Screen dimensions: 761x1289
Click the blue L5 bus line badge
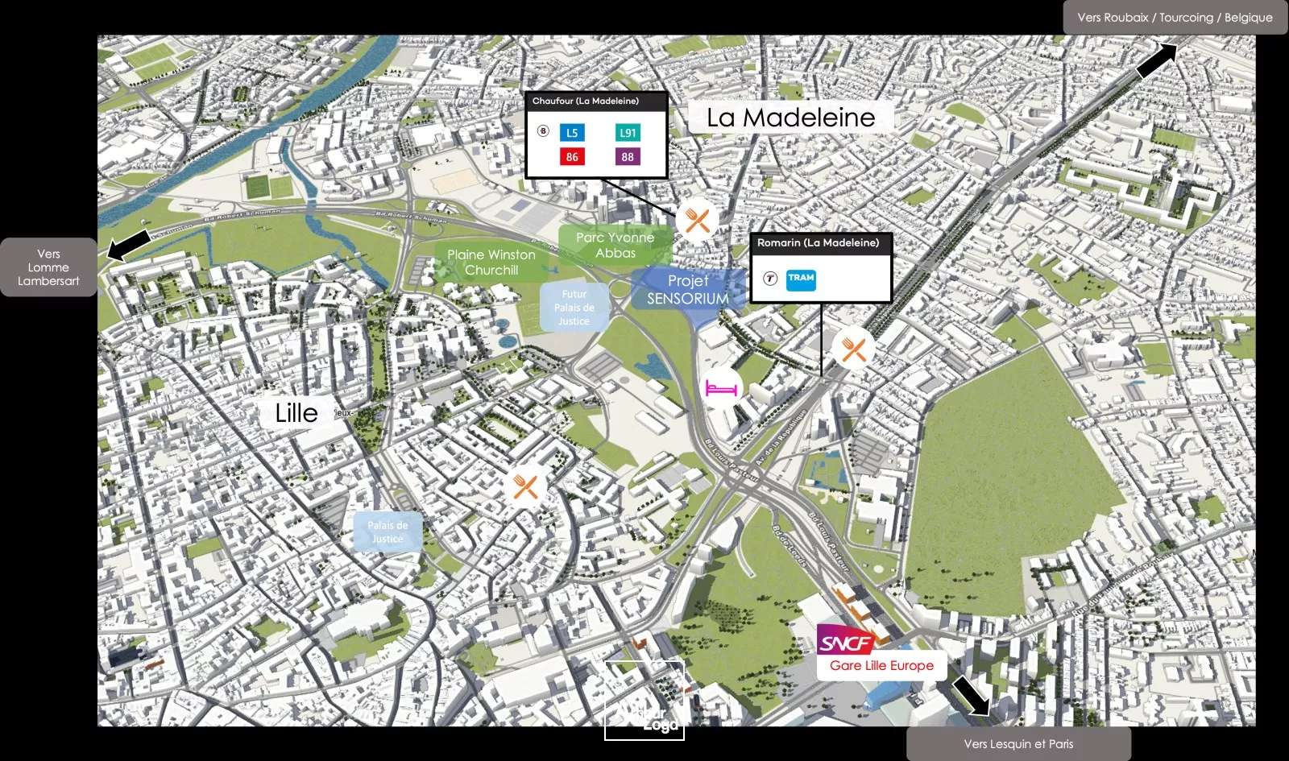572,133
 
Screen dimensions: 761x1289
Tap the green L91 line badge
628,133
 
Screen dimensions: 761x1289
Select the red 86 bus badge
572,156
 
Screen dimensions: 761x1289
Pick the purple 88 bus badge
628,156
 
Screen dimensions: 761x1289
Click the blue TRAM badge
801,279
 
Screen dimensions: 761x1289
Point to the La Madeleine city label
790,118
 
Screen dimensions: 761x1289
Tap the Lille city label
296,413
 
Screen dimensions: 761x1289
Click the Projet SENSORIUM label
687,290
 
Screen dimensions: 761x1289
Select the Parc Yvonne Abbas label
615,245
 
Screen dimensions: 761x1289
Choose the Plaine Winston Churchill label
491,263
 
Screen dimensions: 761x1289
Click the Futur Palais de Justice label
574,308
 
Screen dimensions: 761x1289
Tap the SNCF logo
846,642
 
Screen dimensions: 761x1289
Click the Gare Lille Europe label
881,666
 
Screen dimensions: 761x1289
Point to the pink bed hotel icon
721,388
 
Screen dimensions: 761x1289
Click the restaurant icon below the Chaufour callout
698,220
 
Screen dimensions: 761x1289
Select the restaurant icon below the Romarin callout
853,349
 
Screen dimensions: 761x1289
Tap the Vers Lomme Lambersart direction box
48,267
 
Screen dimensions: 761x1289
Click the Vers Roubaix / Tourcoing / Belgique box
1175,17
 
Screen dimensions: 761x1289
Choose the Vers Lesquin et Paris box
1018,744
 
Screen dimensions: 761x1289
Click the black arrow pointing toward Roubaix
1156,60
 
